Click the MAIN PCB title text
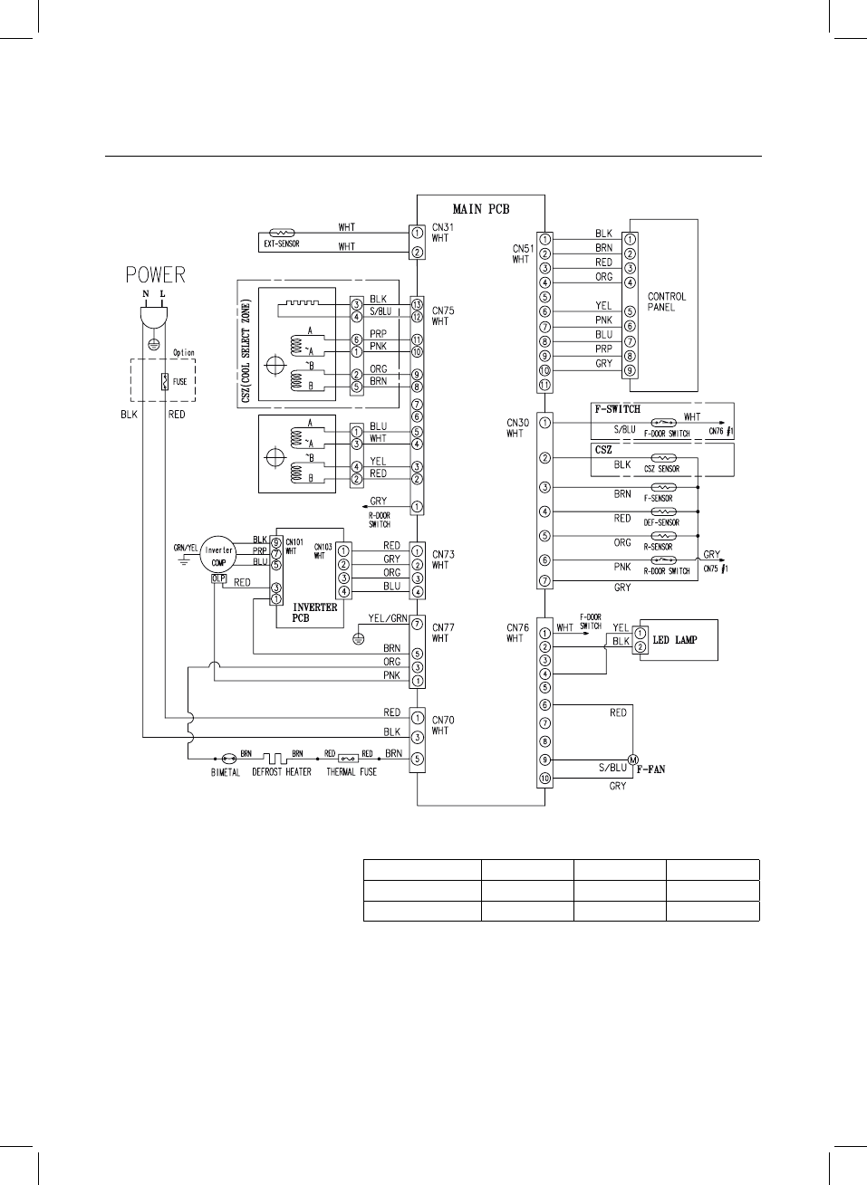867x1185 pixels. (x=481, y=209)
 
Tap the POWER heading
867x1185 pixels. (x=156, y=274)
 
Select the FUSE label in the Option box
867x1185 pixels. (x=180, y=381)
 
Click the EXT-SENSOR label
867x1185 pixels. (x=281, y=244)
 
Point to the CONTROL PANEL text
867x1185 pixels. (x=667, y=301)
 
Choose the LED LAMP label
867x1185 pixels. (x=675, y=640)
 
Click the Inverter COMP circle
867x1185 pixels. (x=219, y=555)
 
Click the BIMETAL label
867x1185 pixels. (x=226, y=772)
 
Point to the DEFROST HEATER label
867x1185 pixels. (x=282, y=772)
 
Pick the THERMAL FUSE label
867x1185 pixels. (x=352, y=772)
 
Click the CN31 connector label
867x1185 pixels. (x=443, y=227)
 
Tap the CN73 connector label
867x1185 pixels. (x=443, y=554)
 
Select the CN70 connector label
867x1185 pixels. (x=443, y=721)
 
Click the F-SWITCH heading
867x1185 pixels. (x=618, y=409)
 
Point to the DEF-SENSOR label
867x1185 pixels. (x=661, y=522)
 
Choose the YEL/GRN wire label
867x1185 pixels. (x=388, y=618)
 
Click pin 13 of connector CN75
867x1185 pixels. (x=418, y=302)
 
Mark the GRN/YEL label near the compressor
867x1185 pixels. (x=186, y=548)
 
